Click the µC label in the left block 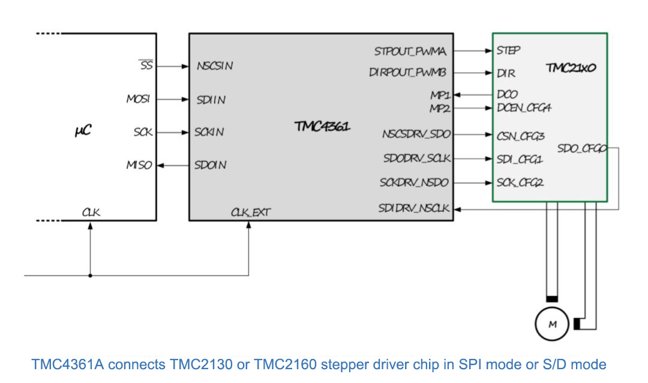[x=83, y=130]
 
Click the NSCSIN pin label [x=214, y=66]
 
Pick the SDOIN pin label [x=211, y=164]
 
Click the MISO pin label [x=139, y=164]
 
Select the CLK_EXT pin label [x=250, y=212]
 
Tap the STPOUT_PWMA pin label [x=410, y=52]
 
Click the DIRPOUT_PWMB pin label [x=407, y=73]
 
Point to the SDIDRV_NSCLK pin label [x=415, y=208]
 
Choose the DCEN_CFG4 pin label [x=524, y=108]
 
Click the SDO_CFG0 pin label [x=582, y=148]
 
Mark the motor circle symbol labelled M [x=552, y=325]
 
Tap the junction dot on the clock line [x=90, y=276]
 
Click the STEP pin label [x=508, y=51]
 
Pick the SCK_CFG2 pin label [x=520, y=182]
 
